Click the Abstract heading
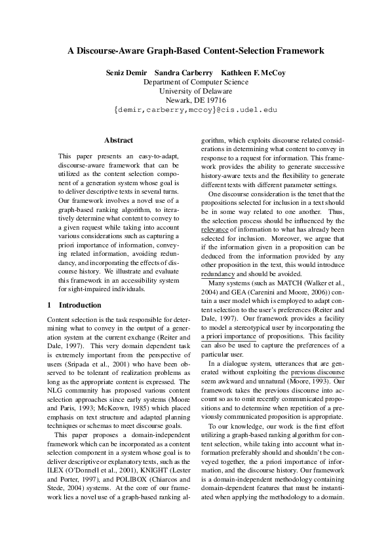pyautogui.click(x=119, y=140)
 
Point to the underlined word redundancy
pyautogui.click(x=218, y=274)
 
